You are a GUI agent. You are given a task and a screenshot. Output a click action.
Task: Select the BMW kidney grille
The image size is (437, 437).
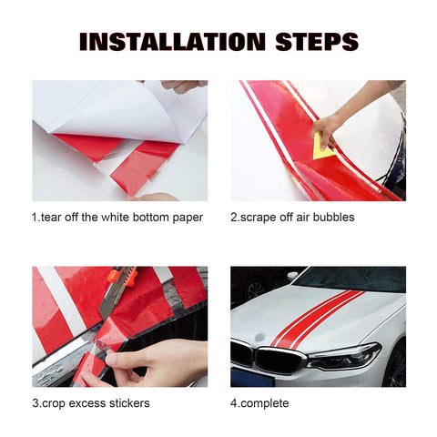255,356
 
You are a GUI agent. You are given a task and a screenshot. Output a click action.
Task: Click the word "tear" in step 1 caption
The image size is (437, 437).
53,218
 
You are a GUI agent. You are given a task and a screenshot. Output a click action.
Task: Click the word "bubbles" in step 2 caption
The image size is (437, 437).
332,218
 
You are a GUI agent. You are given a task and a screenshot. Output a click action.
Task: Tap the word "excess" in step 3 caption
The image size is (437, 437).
90,403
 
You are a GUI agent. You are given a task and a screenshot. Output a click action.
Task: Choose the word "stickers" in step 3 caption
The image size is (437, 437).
133,403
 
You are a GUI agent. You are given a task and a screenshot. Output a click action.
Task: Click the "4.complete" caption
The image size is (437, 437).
259,403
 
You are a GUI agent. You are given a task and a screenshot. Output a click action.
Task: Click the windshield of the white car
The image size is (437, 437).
351,279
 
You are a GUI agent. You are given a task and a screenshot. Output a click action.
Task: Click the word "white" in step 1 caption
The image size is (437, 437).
121,218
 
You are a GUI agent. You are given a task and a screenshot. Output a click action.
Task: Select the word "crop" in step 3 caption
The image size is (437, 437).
56,403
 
